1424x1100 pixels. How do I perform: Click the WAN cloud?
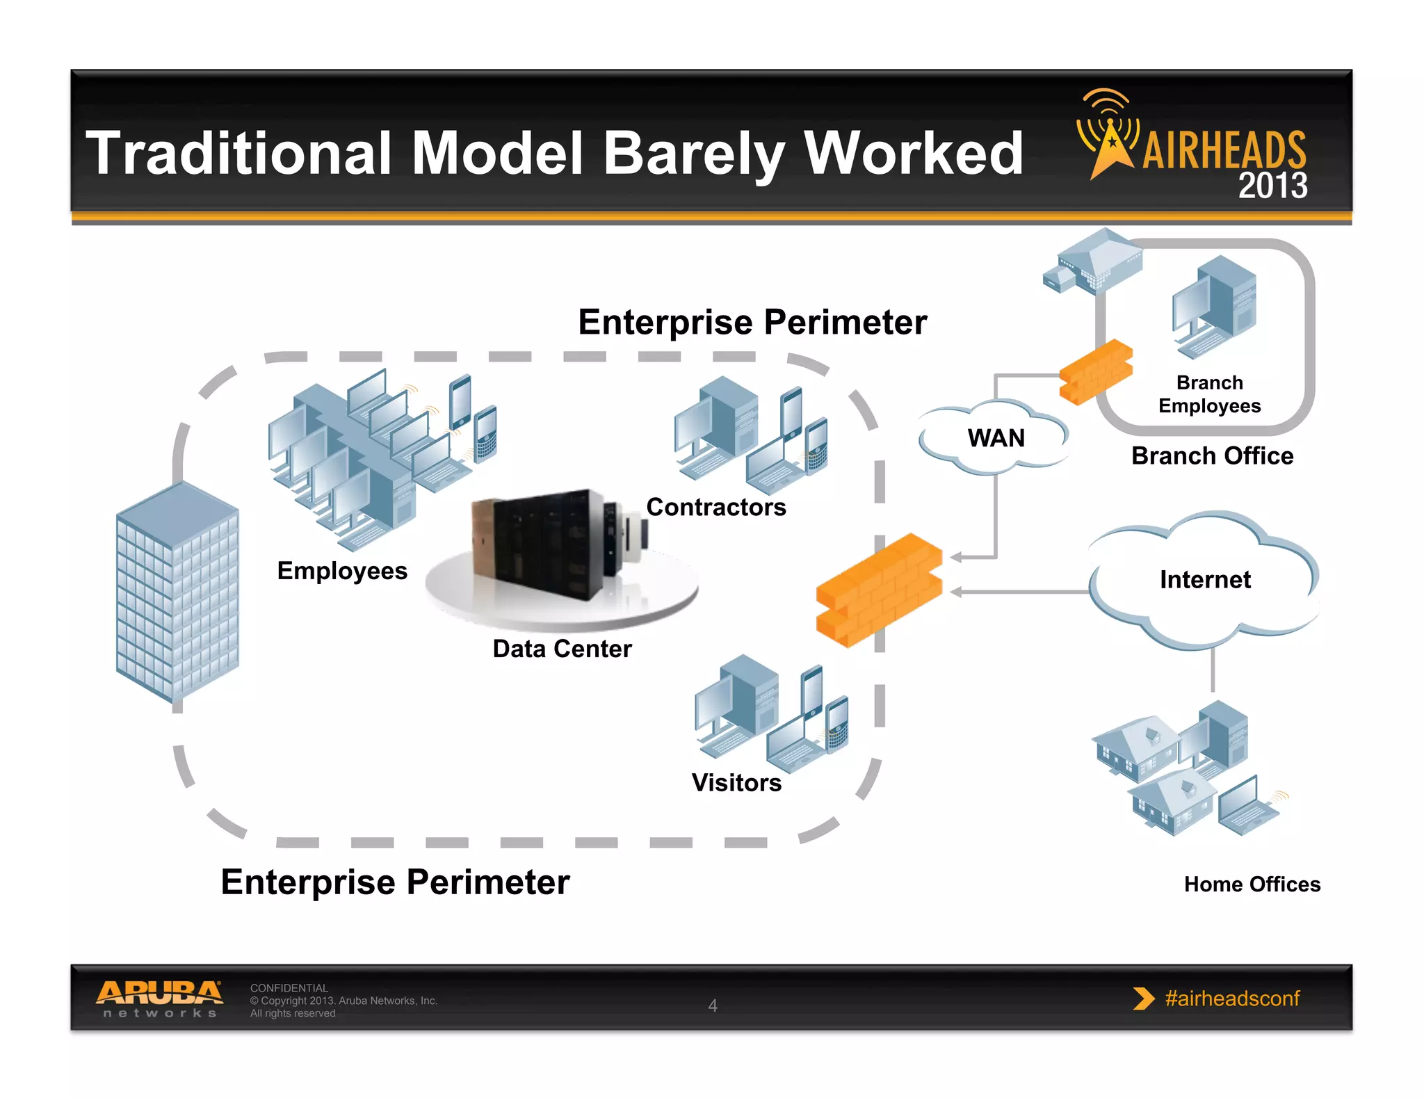[995, 438]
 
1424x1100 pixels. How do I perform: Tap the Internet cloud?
[1204, 580]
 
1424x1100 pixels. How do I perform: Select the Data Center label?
[562, 649]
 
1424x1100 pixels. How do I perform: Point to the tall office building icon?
[177, 591]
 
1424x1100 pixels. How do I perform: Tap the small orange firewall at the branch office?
[1095, 371]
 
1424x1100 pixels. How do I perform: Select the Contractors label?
[716, 507]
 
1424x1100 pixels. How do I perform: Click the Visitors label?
[736, 783]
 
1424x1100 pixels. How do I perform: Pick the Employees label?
[342, 571]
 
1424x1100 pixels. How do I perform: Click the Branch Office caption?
[1212, 456]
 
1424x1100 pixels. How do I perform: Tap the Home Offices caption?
[1252, 884]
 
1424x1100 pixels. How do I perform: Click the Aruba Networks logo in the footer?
[159, 998]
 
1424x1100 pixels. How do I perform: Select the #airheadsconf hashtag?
[1231, 998]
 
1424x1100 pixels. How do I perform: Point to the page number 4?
[713, 1005]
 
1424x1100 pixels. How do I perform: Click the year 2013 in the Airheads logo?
[1272, 186]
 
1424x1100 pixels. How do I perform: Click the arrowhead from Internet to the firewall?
[956, 592]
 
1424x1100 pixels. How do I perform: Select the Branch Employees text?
[1209, 394]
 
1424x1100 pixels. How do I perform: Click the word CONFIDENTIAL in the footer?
[289, 988]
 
